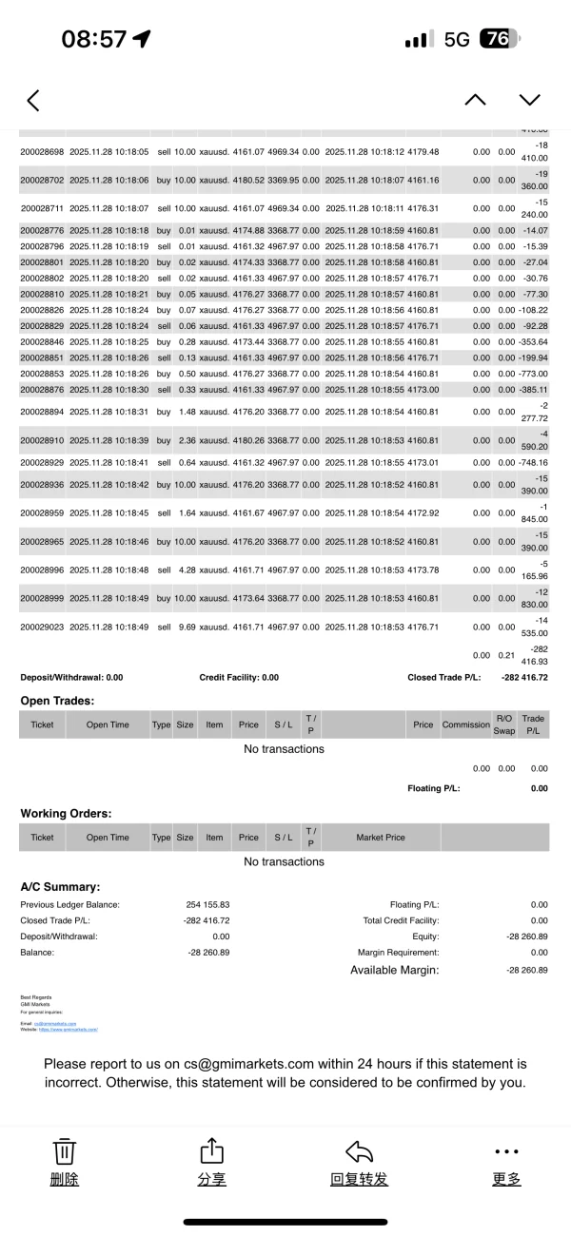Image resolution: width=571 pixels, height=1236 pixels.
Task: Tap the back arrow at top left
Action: (33, 100)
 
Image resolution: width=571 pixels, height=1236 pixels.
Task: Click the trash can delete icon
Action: (64, 1151)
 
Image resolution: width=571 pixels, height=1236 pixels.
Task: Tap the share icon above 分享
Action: (210, 1151)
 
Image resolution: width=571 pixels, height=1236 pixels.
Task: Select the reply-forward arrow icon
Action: (359, 1151)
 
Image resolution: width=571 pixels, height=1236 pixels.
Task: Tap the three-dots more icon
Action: (507, 1151)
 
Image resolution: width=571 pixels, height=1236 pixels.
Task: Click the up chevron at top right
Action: (475, 100)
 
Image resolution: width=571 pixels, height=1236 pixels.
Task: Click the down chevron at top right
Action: (529, 100)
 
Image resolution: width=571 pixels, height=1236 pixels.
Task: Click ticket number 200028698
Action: (42, 152)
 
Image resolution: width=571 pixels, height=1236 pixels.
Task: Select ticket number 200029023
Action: (42, 628)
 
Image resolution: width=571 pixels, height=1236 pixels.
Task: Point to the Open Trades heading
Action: (57, 701)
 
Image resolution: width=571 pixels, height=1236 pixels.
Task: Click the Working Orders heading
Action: (66, 814)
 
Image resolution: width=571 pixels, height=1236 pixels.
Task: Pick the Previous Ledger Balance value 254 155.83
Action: (208, 905)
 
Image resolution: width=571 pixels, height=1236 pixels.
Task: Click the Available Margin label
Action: (394, 970)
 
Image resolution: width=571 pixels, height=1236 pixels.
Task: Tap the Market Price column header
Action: (381, 838)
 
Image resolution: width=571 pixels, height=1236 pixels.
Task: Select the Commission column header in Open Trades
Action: (465, 724)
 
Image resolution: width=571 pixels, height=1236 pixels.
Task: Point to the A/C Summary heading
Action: (60, 886)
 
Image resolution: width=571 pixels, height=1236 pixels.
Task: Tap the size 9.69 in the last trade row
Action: (185, 628)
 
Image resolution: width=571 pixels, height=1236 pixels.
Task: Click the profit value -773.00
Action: (531, 374)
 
